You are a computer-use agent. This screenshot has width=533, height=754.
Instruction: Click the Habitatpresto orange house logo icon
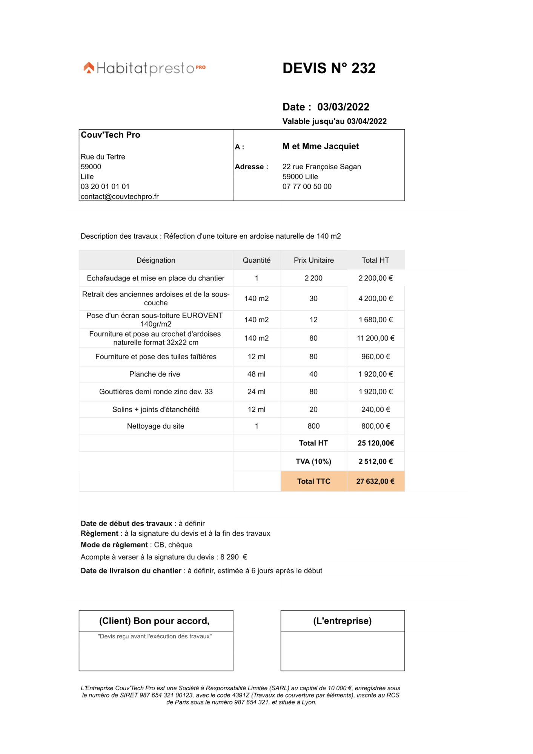coord(89,68)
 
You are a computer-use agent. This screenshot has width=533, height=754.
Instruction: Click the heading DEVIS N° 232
coord(329,68)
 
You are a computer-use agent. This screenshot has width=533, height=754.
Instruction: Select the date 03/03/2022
coord(343,107)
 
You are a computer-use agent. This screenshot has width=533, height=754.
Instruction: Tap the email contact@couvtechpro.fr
coord(120,196)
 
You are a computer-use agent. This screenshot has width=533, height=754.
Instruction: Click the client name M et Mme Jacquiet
coord(320,146)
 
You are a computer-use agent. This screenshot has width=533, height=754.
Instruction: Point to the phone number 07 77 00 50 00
coord(307,187)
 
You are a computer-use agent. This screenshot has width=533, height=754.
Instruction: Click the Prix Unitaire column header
coord(313,260)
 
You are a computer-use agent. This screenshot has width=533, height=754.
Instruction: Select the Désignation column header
coord(156,260)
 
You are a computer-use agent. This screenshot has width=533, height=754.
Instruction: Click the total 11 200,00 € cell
coord(375,338)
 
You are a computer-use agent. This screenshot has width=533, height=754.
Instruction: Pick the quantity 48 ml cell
coord(256,374)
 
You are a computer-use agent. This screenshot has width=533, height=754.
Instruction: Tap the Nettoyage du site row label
coord(155,426)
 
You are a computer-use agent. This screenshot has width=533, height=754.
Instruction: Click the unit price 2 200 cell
coord(313,278)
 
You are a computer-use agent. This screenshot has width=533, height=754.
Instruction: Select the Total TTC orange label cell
coord(313,481)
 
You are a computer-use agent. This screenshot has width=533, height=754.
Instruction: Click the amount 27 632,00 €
coord(375,481)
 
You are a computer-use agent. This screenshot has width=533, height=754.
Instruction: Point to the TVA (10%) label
coord(313,461)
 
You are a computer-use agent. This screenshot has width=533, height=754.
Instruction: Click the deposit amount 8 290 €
coord(233,557)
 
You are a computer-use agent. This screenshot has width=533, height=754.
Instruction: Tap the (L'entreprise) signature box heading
coord(342,621)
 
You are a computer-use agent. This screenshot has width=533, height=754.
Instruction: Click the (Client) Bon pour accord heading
coord(154,621)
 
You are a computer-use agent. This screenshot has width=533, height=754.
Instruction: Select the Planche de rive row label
coord(155,374)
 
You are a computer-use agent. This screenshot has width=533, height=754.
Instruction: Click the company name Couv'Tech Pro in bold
coord(111,135)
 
